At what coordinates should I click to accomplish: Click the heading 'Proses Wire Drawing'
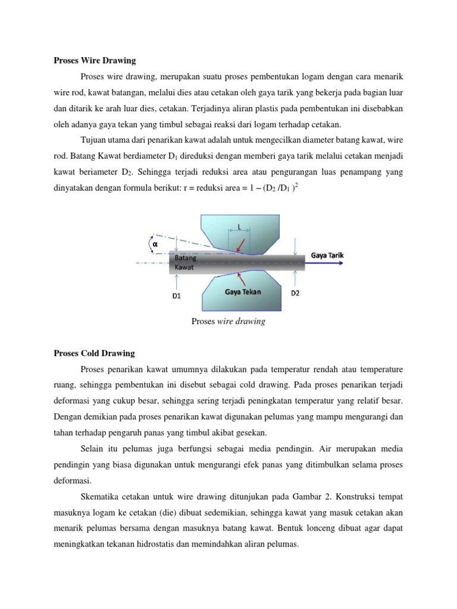95,61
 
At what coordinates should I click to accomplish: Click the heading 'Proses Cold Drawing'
95,353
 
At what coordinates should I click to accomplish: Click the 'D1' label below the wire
177,294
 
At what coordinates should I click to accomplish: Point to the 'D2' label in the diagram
295,294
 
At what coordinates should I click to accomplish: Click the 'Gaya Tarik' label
327,256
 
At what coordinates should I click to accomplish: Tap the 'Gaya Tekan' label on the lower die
243,292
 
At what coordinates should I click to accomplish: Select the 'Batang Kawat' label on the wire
185,263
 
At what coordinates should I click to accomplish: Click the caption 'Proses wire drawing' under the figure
228,322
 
